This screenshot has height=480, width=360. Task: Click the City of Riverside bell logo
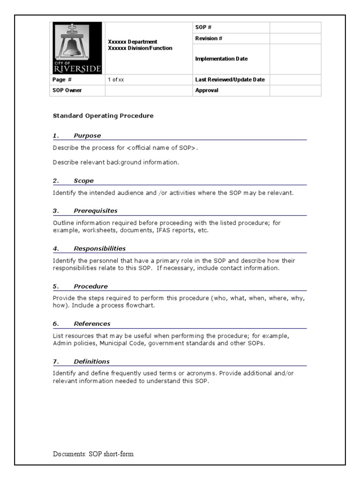77,48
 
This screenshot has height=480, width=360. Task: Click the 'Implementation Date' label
221,59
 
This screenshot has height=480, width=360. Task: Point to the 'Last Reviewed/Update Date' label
230,80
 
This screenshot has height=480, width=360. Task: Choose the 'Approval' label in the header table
207,90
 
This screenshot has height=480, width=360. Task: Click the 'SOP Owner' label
67,90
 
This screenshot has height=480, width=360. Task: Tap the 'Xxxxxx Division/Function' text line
140,48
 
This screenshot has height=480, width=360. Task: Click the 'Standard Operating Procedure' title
103,115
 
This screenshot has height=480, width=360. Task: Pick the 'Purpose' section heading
87,136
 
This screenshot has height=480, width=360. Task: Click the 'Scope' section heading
83,180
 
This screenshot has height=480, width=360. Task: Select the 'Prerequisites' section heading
96,211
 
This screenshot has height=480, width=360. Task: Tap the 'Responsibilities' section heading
99,248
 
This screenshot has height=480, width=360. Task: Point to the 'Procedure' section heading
90,286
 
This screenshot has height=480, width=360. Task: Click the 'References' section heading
92,323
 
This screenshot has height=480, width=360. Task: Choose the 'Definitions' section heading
91,361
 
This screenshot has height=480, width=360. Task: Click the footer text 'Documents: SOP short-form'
96,454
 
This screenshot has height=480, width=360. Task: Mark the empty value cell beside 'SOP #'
295,28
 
